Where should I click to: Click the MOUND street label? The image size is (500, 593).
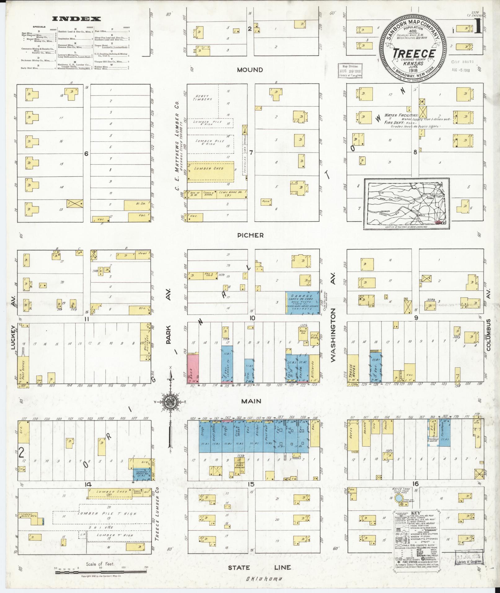click(250, 70)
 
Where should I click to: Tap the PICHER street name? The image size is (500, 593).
click(250, 235)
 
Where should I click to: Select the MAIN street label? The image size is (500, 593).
click(251, 401)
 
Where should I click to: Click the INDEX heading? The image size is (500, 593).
click(76, 19)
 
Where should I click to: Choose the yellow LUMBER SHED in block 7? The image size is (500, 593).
click(211, 171)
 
